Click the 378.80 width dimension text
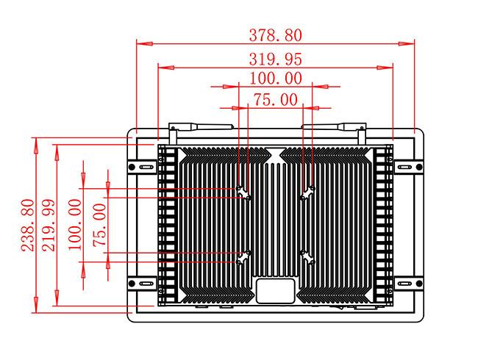click(276, 35)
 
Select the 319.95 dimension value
click(276, 59)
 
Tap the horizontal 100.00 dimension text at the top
click(276, 79)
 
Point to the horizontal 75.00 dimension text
click(276, 100)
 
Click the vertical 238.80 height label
click(27, 225)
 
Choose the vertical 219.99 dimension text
click(49, 225)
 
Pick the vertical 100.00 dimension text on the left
click(75, 225)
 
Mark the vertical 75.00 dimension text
click(100, 225)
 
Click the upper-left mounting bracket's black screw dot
click(132, 167)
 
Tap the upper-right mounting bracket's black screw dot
click(419, 167)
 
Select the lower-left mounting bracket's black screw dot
click(132, 284)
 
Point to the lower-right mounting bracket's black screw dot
click(419, 284)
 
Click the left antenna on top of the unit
click(201, 126)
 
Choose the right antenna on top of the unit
click(334, 126)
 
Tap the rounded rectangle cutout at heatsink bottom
click(276, 291)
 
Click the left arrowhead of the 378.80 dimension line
click(144, 44)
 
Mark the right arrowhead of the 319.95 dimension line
click(385, 68)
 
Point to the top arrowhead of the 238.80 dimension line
click(36, 145)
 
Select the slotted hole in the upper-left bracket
click(146, 167)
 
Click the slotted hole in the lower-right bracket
click(404, 284)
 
